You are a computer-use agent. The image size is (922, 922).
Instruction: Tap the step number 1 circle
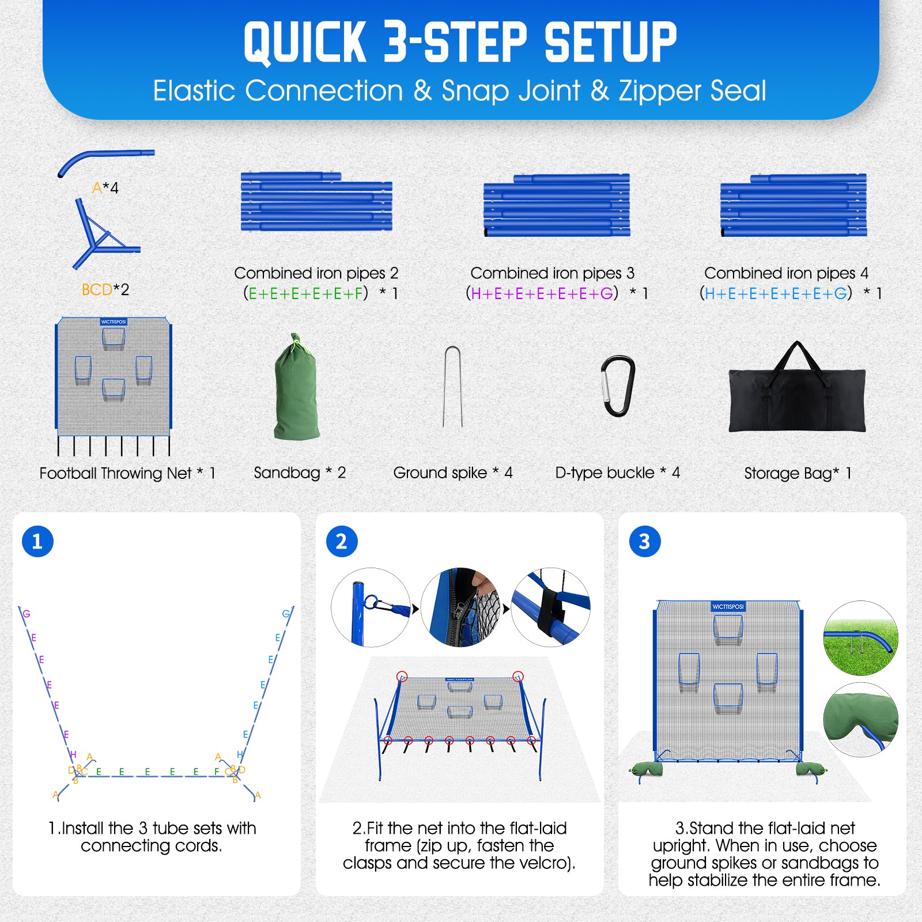37,541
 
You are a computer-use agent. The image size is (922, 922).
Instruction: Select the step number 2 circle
342,541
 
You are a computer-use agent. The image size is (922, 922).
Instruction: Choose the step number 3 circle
645,541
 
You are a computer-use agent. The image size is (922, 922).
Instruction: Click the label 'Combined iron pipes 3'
552,273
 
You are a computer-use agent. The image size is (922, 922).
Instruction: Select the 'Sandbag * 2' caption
300,473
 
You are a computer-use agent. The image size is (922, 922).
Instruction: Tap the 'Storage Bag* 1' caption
798,473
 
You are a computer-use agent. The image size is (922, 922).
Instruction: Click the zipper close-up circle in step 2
460,607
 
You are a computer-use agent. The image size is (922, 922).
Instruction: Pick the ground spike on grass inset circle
860,638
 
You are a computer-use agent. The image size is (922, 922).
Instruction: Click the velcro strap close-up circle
550,607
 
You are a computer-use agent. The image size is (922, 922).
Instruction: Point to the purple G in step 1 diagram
27,614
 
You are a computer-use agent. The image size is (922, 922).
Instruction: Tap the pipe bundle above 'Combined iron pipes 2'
316,202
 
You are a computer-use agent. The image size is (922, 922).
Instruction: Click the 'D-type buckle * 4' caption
618,473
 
